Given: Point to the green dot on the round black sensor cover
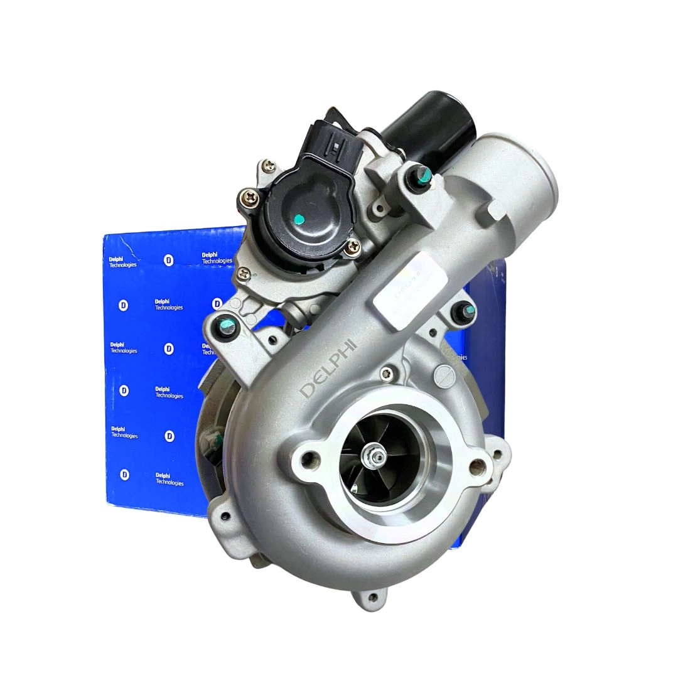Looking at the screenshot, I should point(299,219).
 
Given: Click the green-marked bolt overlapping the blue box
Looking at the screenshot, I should point(224,325).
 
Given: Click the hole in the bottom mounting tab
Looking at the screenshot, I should point(375,597).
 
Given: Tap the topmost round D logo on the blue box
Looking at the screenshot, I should point(168,260).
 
